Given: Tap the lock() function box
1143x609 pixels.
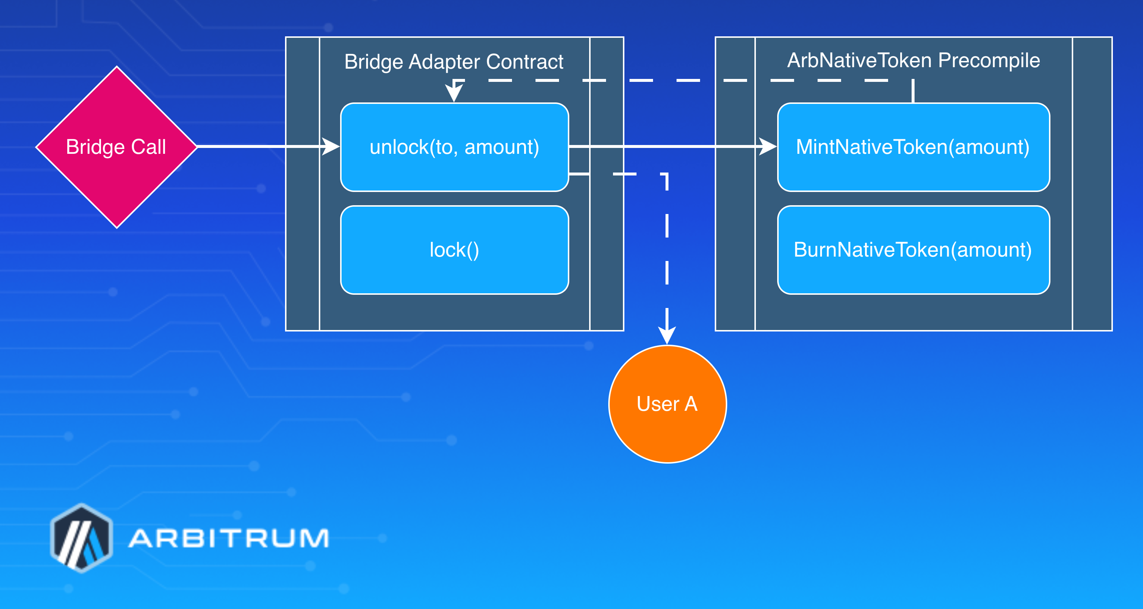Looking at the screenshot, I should (454, 250).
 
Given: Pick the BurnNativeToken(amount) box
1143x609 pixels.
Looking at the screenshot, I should (913, 250).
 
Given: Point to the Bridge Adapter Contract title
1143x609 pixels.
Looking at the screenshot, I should (454, 62).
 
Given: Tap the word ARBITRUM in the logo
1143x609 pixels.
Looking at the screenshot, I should (228, 538).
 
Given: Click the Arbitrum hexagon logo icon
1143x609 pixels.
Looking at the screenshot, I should (82, 538).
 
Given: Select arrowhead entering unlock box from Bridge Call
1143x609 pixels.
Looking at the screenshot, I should (331, 146).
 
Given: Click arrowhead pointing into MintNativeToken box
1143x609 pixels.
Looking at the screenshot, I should (768, 146).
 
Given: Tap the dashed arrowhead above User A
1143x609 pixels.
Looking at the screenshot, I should (667, 335).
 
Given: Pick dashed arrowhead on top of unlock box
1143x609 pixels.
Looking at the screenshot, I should (454, 93).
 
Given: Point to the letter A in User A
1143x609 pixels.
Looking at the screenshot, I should (691, 404).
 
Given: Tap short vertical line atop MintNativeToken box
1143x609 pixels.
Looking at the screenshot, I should (913, 91).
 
